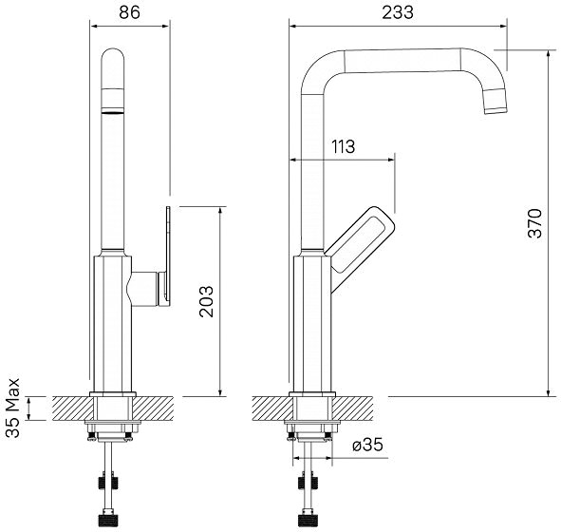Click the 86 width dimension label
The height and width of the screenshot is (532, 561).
point(129,12)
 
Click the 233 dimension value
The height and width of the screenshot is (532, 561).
point(398,12)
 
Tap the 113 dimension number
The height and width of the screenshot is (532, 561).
point(343,146)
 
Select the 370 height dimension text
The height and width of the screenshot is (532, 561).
point(535,223)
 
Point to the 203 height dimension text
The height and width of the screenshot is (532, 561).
point(206,301)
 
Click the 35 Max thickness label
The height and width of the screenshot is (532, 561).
point(13,408)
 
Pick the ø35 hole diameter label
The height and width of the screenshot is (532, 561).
point(367,445)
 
